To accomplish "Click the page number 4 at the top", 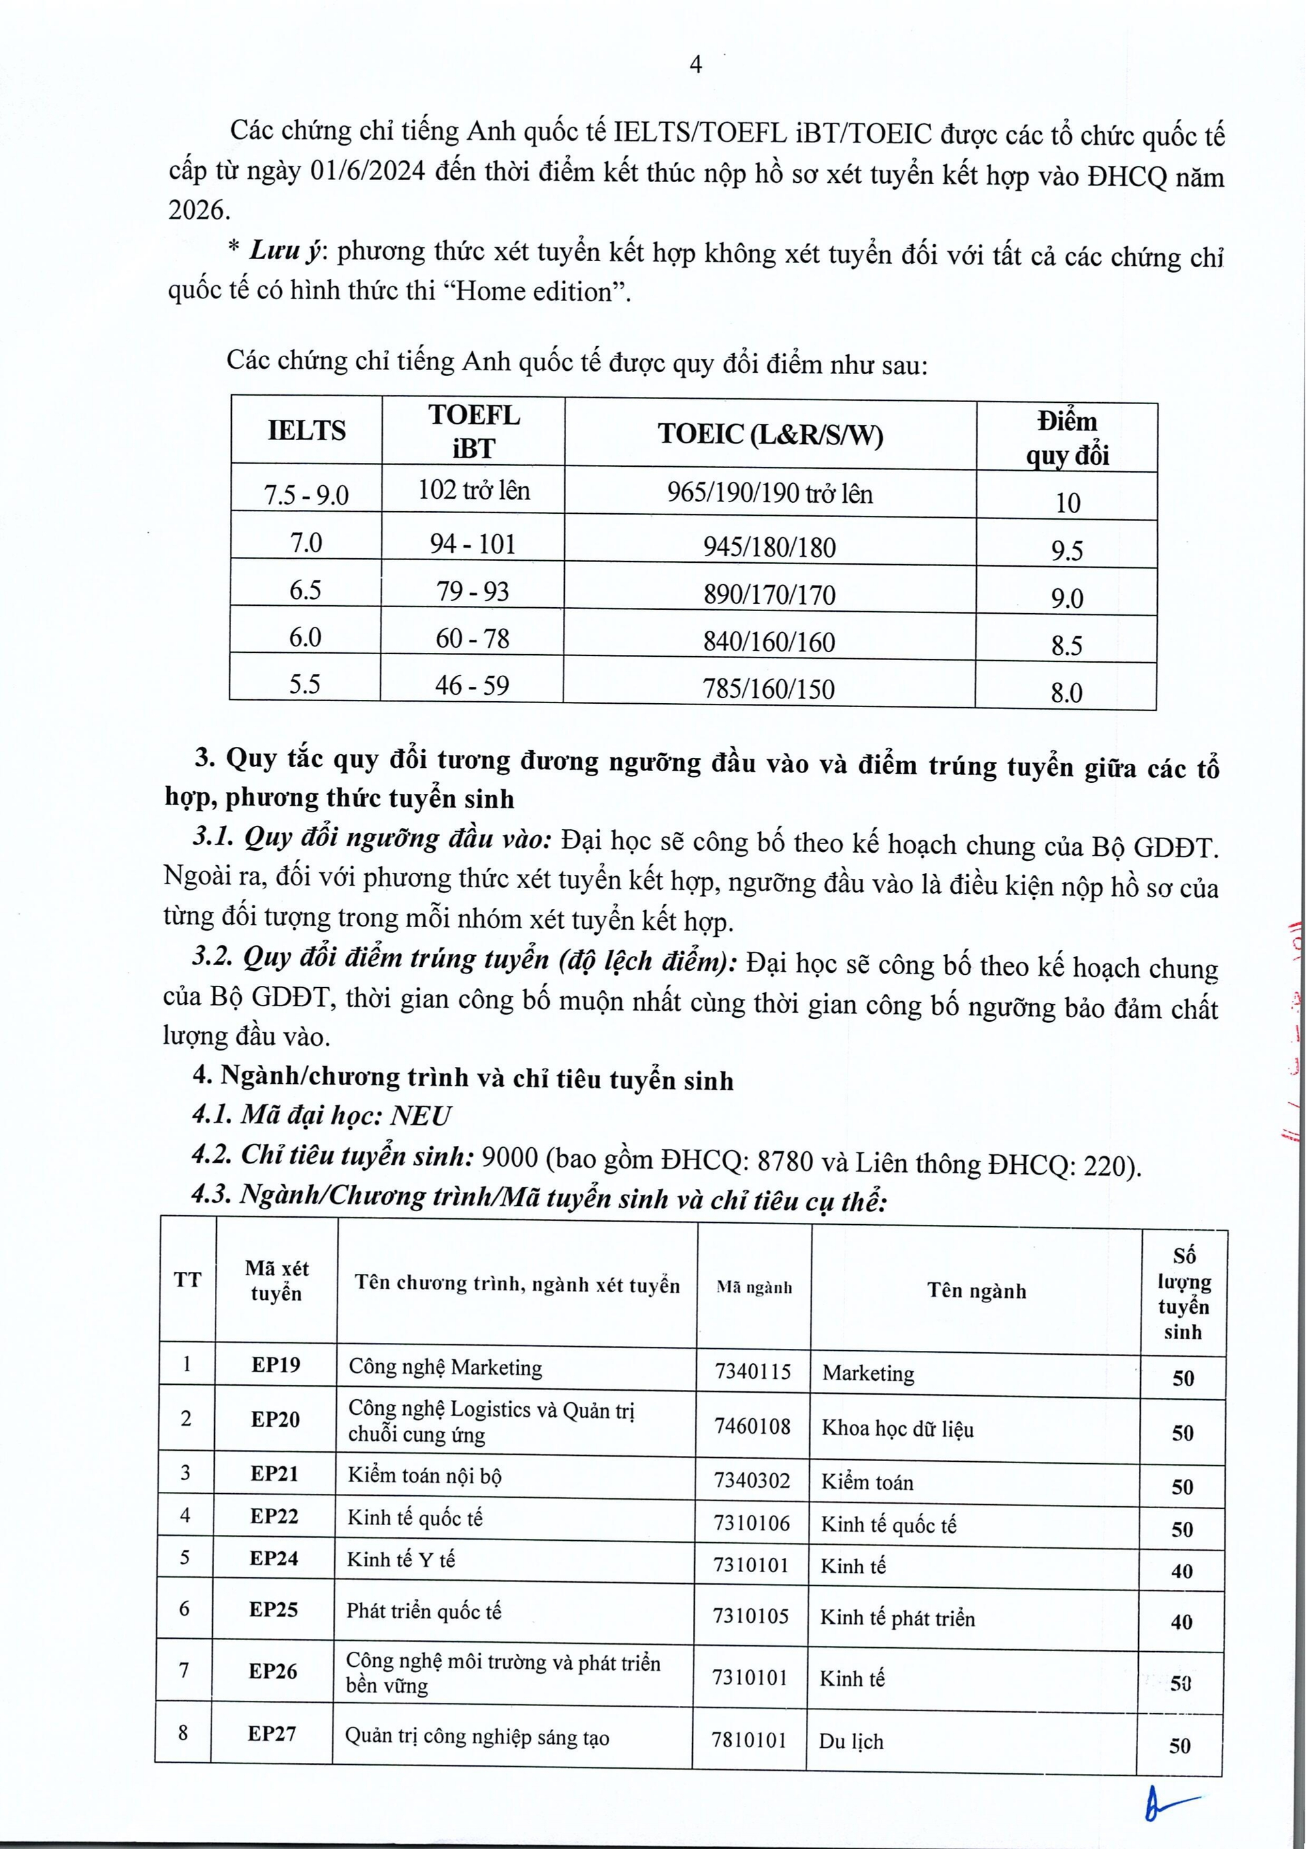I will click(696, 65).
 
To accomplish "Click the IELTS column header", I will click(306, 430).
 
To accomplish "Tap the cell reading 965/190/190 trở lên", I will click(769, 493).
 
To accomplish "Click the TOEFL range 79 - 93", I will click(472, 591).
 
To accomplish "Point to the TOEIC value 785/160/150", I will click(769, 689).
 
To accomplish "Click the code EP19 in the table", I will click(276, 1364).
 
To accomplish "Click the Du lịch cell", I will click(852, 1741).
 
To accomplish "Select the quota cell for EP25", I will click(1181, 1621).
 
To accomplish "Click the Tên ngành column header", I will click(976, 1291).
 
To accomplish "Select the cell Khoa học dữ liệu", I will click(897, 1429).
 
